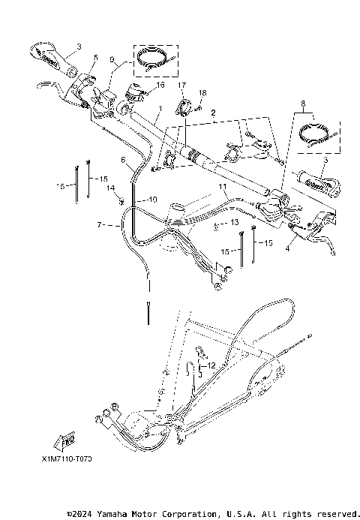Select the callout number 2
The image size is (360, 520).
(x=213, y=112)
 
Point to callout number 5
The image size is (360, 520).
(x=95, y=57)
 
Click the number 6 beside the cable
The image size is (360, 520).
(x=123, y=160)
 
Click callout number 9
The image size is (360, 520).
(x=112, y=59)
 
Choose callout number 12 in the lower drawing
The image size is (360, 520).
(x=211, y=365)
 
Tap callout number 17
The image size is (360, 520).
(x=181, y=86)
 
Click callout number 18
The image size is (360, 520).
(x=201, y=92)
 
